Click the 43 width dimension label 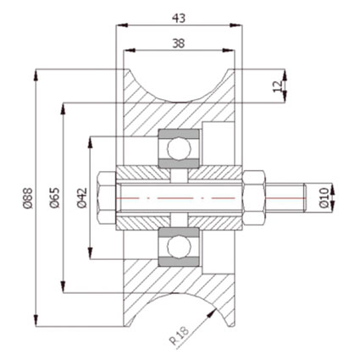coord(179,19)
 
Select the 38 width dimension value coord(179,43)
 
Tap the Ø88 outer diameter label coord(28,198)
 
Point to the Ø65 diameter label coord(55,198)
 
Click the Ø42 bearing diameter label coord(82,198)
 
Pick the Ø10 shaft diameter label coord(324,197)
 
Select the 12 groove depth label coord(277,86)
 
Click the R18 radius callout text coord(180,335)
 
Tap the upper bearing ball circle coord(179,148)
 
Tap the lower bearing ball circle coord(179,247)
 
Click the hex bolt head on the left coord(107,198)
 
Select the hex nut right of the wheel coord(254,198)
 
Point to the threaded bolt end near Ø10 coord(285,198)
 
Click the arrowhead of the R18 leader coord(213,312)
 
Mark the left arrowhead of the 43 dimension coord(122,25)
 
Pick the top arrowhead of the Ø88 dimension coord(36,75)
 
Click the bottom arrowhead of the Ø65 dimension coord(64,286)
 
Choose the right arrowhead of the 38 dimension coord(229,51)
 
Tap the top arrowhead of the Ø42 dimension coord(91,143)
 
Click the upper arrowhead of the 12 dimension coord(285,75)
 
